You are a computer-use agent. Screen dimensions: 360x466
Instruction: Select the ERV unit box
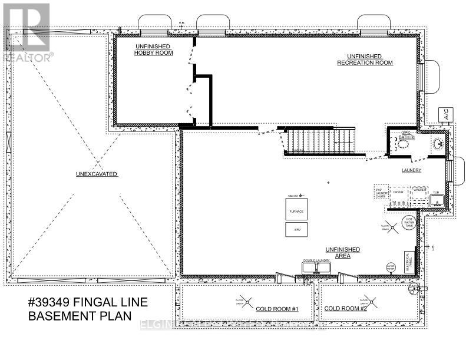tap(297, 230)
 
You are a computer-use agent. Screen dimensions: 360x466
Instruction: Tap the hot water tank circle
tap(408, 222)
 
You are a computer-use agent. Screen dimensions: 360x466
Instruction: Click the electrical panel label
tap(407, 258)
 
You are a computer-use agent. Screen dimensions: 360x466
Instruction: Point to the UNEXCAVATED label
tap(97, 174)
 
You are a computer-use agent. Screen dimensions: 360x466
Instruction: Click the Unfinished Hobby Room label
tap(152, 49)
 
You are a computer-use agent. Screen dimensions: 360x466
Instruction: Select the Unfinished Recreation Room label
tap(365, 59)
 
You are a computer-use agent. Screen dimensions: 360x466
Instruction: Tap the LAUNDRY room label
tap(411, 170)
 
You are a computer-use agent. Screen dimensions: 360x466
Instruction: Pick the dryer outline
tap(399, 192)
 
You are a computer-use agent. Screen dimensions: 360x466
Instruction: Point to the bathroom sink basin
tap(437, 143)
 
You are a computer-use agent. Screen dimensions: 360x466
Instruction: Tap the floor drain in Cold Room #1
tap(240, 300)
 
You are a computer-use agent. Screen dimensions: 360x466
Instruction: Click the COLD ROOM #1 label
tap(277, 309)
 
